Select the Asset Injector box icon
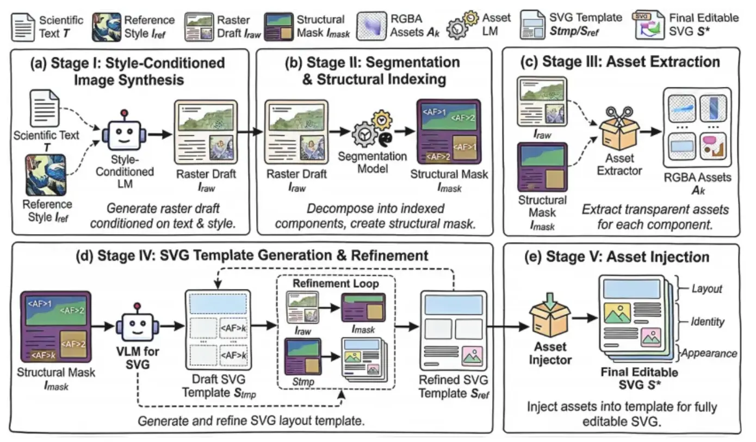tap(549, 316)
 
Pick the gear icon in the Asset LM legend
tap(461, 26)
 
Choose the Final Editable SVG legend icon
tap(652, 26)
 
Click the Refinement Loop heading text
tap(336, 283)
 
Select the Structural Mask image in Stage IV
tap(55, 327)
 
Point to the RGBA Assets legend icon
tap(375, 26)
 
